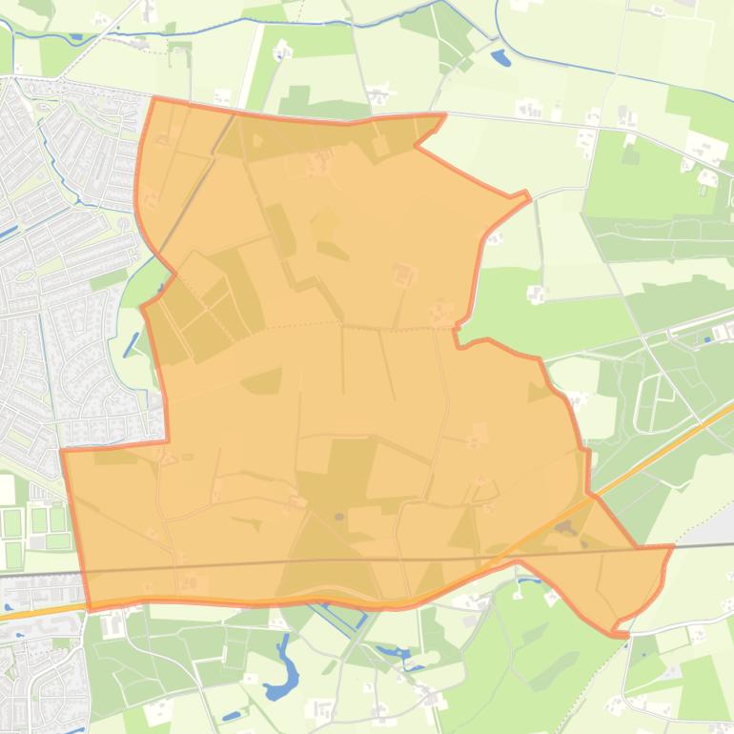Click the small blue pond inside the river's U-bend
pyautogui.click(x=500, y=58)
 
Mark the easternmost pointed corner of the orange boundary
pyautogui.click(x=672, y=546)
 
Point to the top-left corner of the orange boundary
pyautogui.click(x=153, y=98)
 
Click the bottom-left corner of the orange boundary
pyautogui.click(x=89, y=608)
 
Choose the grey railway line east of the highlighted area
pyautogui.click(x=705, y=545)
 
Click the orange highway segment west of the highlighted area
pyautogui.click(x=38, y=613)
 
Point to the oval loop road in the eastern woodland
pyautogui.click(x=650, y=401)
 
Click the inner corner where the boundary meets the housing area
pyautogui.click(x=168, y=441)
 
